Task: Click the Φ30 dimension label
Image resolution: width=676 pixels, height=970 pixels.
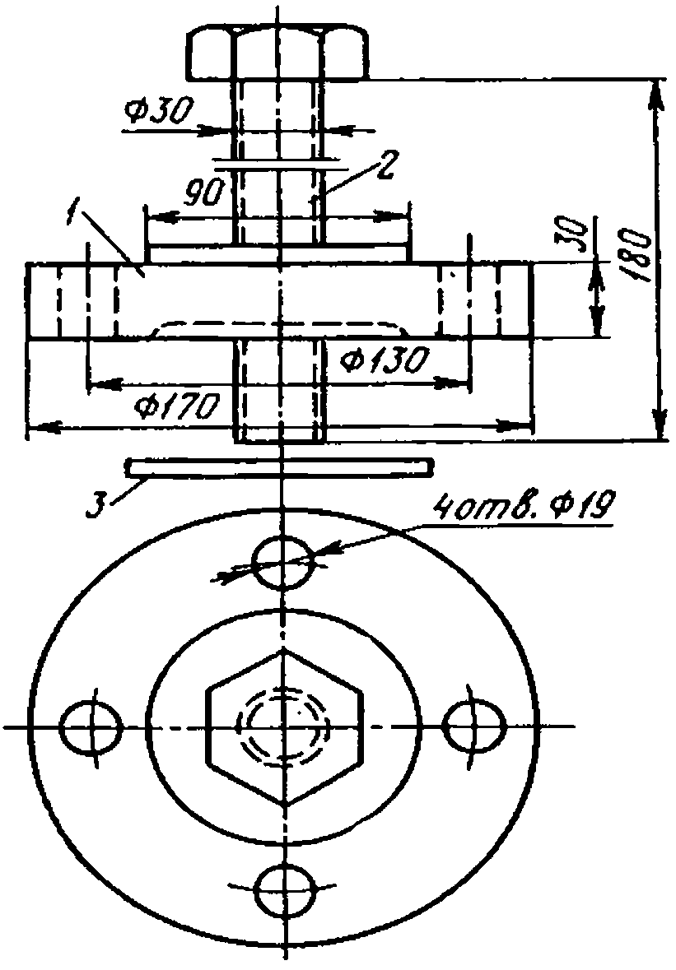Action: [158, 111]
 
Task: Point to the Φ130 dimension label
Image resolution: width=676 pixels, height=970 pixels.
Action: [384, 360]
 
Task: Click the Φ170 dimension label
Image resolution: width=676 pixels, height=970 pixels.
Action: [176, 407]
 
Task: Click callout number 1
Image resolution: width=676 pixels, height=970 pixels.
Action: [73, 216]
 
